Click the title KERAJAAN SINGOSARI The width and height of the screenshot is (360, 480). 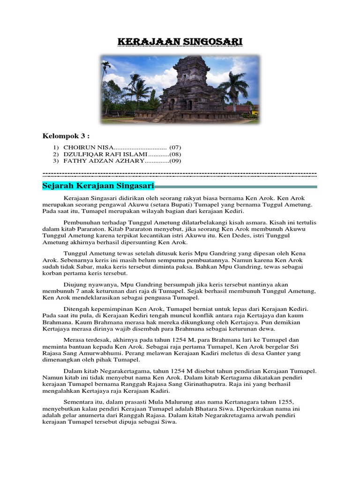180,42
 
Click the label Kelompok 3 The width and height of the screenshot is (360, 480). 66,136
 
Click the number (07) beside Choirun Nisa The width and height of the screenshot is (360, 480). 175,148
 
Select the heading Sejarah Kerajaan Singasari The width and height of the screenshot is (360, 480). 98,186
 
